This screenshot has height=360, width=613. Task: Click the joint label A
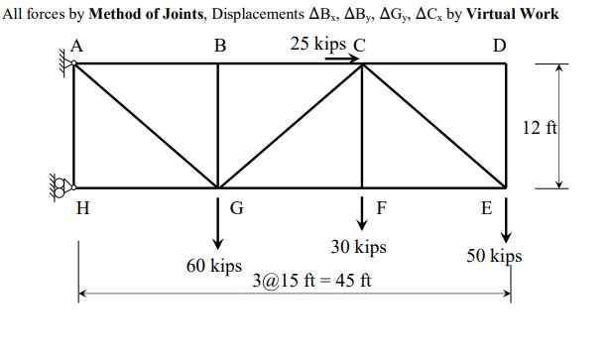pos(76,46)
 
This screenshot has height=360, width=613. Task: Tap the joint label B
pos(219,46)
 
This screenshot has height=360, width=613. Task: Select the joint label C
pos(359,45)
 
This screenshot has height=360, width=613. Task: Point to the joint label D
pos(498,46)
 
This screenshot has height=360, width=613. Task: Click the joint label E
pos(486,208)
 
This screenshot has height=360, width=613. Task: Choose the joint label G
pos(236,208)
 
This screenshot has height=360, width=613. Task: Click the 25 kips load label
pos(318,44)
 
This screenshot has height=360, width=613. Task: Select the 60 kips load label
pos(214,266)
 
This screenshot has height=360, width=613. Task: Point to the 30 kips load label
pos(358,246)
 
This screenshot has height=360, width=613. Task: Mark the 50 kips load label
pos(494,256)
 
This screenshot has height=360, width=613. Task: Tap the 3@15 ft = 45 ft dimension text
pos(312,280)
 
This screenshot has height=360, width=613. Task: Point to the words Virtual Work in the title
pos(514,14)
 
